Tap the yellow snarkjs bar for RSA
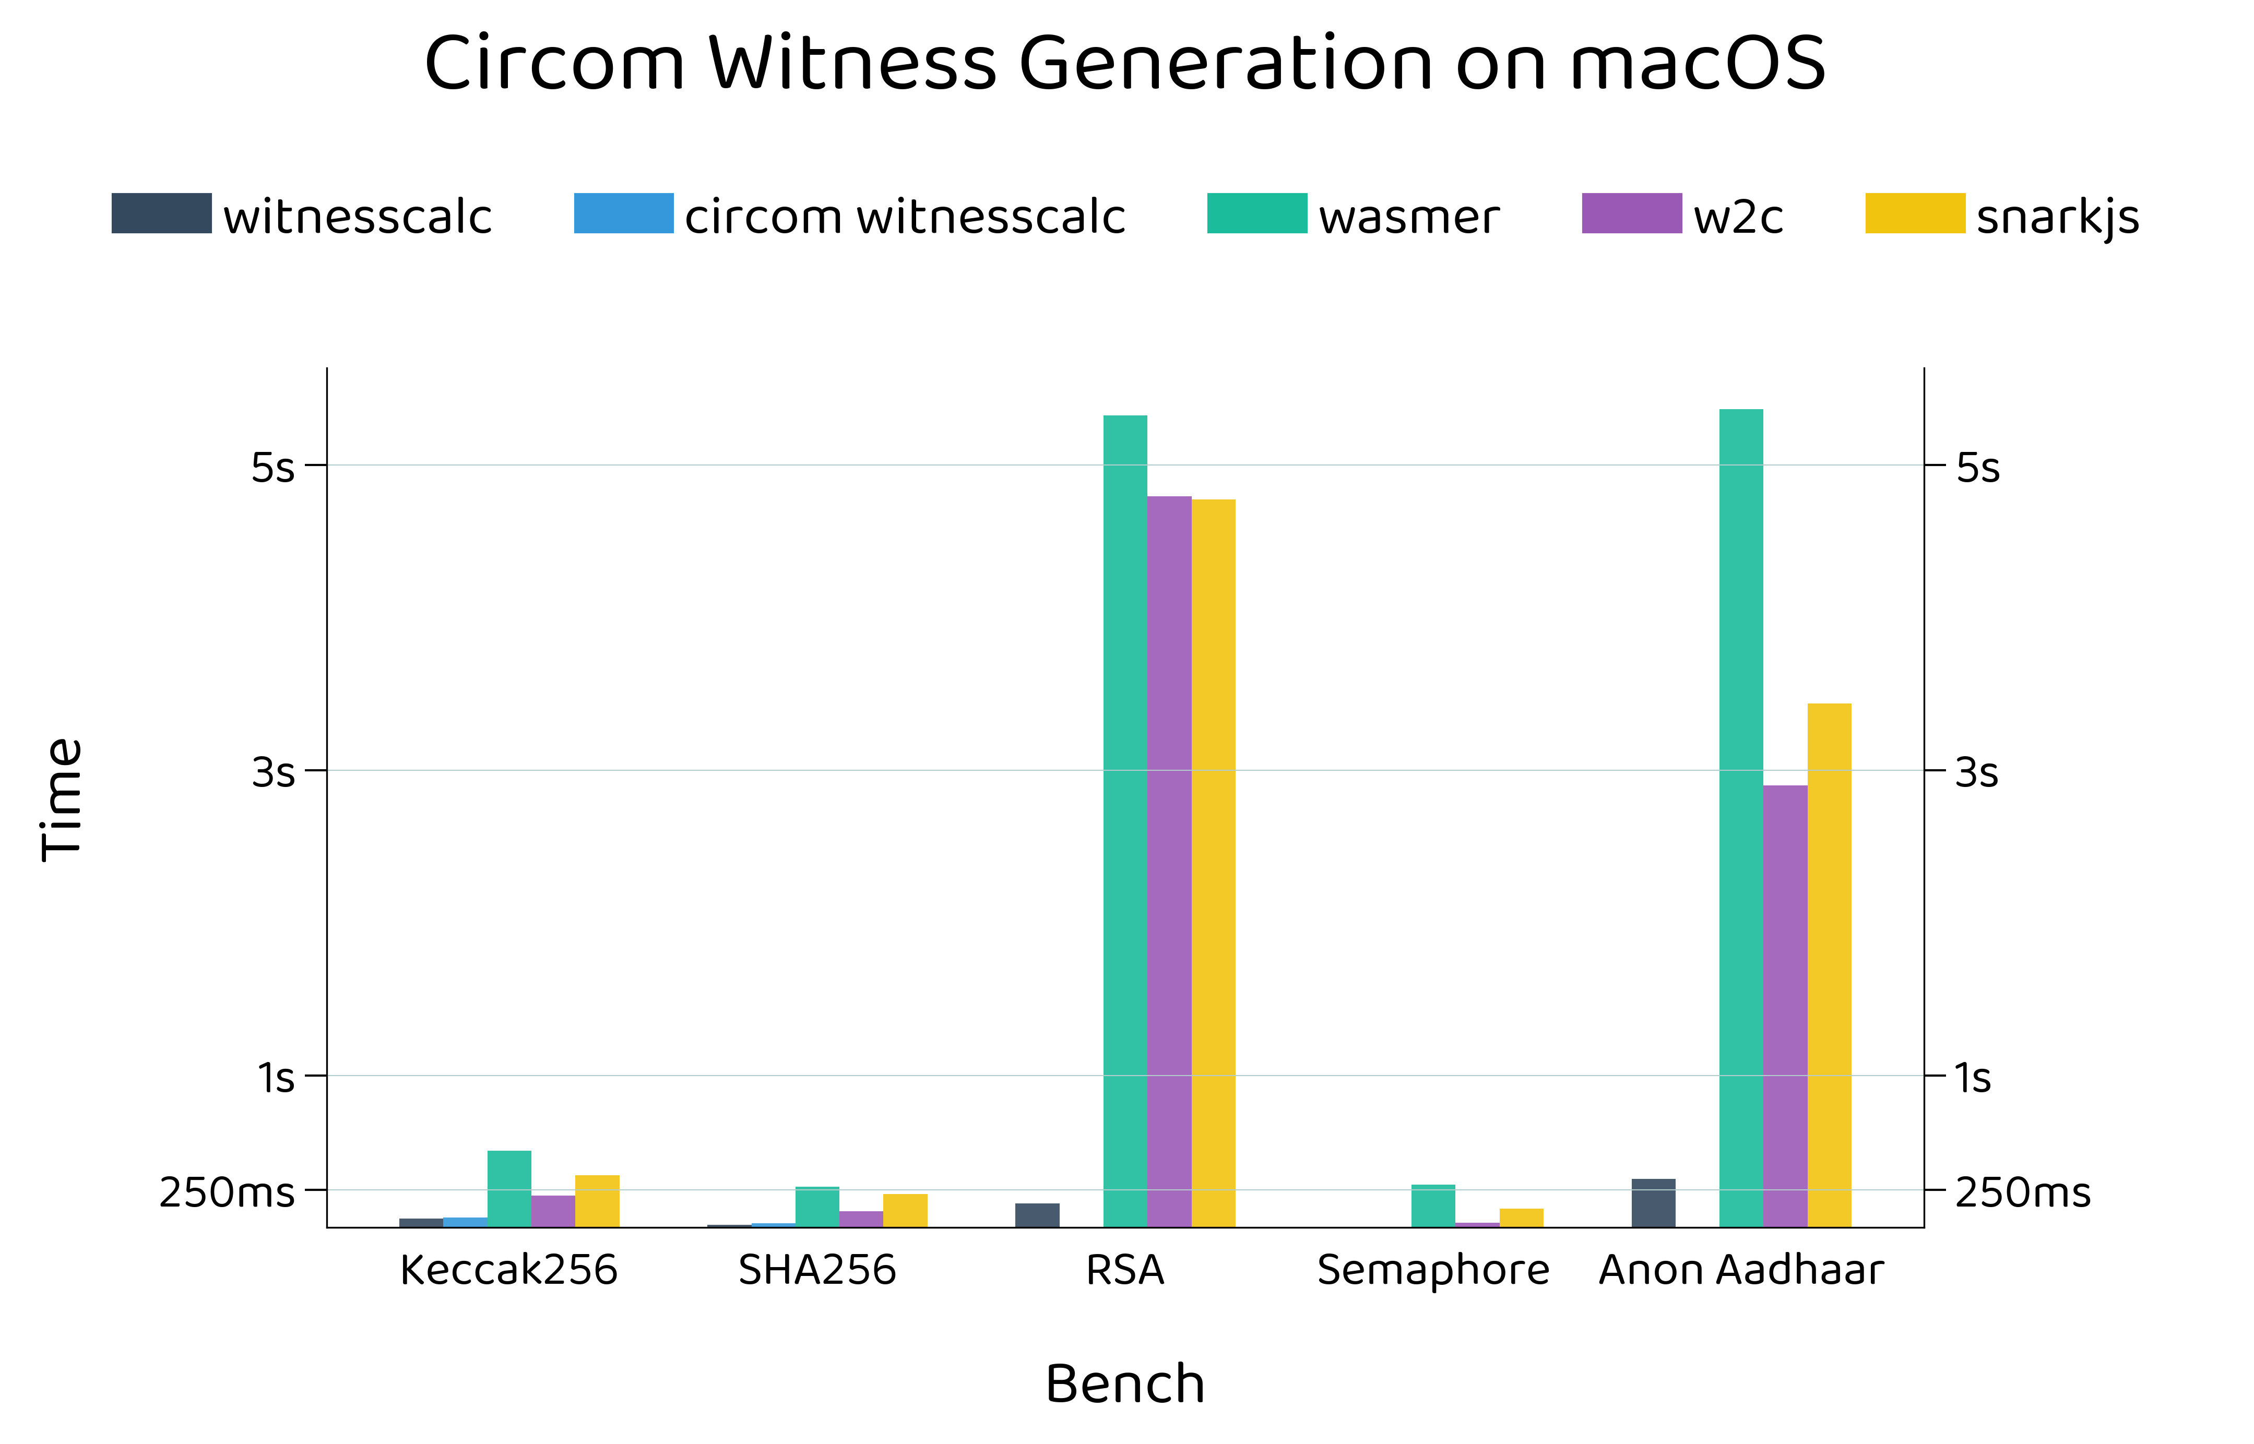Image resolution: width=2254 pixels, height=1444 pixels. pos(1213,863)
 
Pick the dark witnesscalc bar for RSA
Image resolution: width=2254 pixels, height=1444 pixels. pos(1037,1215)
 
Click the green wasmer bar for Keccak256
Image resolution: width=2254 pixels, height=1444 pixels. pos(509,1189)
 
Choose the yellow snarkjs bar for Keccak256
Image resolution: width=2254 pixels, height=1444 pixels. pos(597,1201)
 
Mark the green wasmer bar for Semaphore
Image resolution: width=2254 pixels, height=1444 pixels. pos(1433,1206)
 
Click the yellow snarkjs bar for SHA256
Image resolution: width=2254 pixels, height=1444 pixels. pos(905,1211)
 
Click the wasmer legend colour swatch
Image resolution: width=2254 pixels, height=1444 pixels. pos(1256,213)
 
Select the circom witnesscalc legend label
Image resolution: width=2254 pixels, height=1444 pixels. pos(905,218)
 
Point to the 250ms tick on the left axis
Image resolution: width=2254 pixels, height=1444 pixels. pos(227,1192)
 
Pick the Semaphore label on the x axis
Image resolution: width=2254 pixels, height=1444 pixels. pos(1433,1271)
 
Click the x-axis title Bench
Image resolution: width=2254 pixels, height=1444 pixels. pos(1125,1384)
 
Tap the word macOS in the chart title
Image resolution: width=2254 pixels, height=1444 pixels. pos(1697,64)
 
